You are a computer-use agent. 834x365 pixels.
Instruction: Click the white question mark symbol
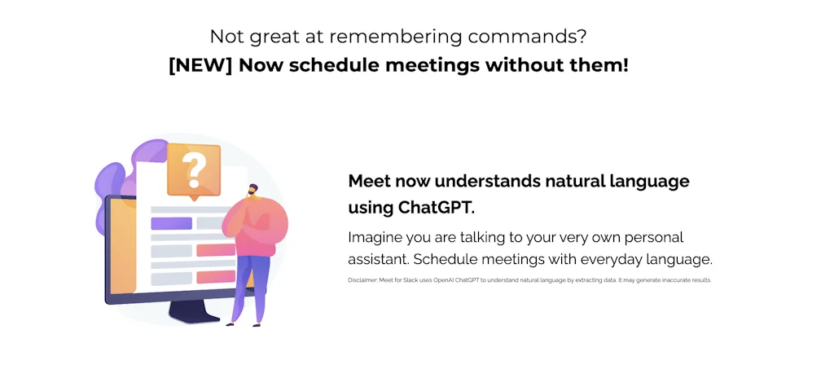coord(193,169)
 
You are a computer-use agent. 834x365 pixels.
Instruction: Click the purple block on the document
coord(171,223)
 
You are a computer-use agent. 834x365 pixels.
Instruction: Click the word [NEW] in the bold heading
coord(200,64)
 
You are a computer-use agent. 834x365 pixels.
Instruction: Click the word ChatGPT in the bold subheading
coord(436,207)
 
